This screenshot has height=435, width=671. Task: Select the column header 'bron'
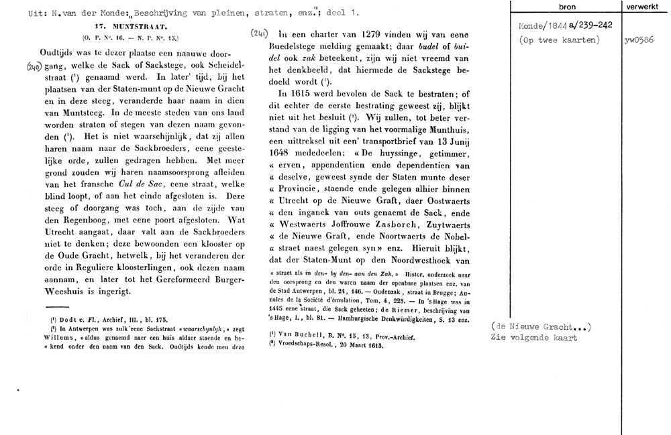(567, 5)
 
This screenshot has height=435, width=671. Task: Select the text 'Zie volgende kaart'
(534, 338)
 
